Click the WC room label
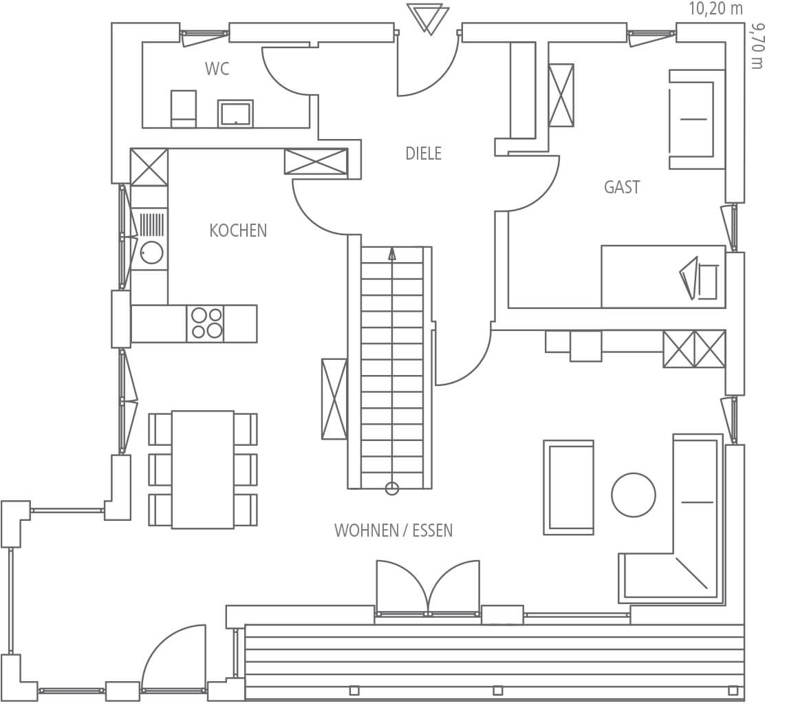[x=217, y=69]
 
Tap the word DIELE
[x=424, y=153]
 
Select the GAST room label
[x=622, y=187]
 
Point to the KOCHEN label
[x=238, y=230]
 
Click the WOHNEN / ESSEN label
[x=393, y=530]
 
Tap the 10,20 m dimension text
[x=715, y=9]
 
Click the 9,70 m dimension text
[x=757, y=45]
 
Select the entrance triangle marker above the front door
[x=428, y=19]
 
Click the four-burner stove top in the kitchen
[x=207, y=323]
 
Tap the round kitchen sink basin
[x=151, y=253]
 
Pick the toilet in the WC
[x=184, y=109]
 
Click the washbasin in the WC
[x=235, y=113]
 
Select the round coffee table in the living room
[x=633, y=495]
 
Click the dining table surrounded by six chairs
[x=203, y=470]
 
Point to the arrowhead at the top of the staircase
[x=392, y=253]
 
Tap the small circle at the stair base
[x=392, y=489]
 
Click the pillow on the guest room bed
[x=699, y=278]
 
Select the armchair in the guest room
[x=696, y=119]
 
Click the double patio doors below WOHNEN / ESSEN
[x=428, y=588]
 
